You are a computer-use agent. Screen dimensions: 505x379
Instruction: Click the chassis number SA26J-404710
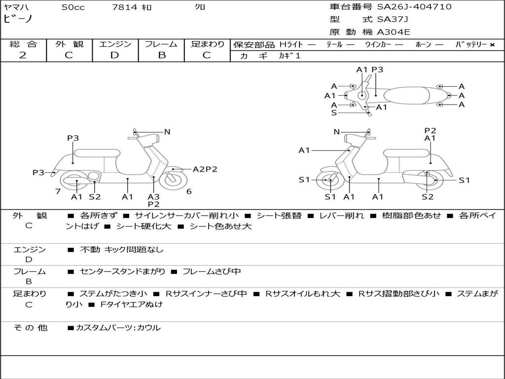(414, 7)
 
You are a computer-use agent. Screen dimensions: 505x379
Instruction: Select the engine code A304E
(394, 32)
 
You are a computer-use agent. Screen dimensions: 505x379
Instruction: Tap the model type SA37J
(393, 20)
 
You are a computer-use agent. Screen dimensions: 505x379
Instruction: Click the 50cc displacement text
(73, 7)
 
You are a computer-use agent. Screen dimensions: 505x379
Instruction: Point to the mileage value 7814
(125, 7)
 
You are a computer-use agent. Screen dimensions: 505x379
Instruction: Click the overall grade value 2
(23, 55)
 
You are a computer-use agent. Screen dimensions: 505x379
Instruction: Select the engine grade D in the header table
(115, 55)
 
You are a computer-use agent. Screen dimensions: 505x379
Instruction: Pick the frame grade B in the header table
(161, 55)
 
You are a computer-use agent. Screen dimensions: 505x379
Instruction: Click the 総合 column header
(23, 44)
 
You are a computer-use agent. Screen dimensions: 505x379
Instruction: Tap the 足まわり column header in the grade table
(208, 44)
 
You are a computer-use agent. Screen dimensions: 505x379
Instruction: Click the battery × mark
(492, 45)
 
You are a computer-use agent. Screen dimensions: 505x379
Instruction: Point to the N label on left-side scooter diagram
(167, 132)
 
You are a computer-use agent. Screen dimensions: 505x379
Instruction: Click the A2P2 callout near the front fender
(205, 169)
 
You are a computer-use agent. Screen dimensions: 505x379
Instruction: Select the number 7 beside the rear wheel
(58, 191)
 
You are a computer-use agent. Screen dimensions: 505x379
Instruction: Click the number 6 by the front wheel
(189, 191)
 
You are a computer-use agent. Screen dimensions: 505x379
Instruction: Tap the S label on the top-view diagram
(334, 113)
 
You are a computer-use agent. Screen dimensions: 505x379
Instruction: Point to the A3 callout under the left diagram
(153, 197)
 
